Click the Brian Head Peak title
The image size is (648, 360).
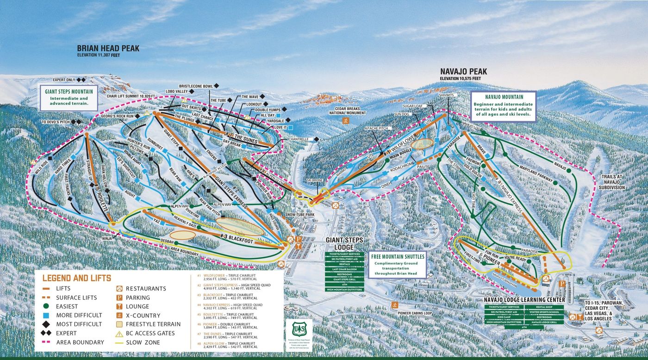pos(108,48)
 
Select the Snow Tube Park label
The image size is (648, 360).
pos(299,215)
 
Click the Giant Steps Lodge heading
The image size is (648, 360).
pos(344,243)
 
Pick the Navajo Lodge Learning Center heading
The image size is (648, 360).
pos(524,300)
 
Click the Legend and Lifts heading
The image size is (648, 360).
pos(76,278)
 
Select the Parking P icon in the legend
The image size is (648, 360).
pos(118,298)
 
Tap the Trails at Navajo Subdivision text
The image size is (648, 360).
pos(614,182)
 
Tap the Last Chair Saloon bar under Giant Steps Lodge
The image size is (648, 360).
pos(344,269)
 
